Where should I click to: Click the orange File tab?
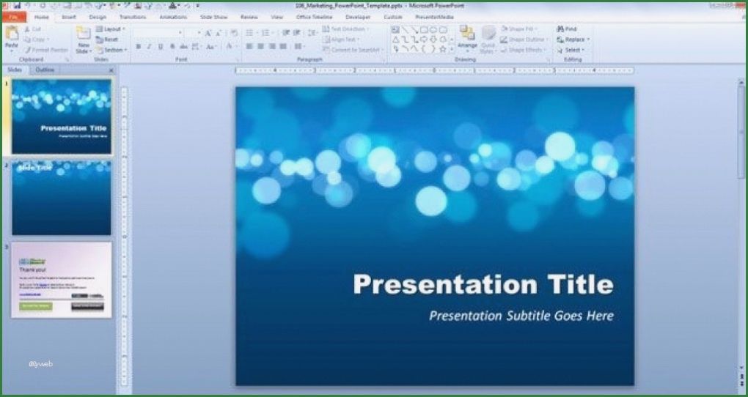[14, 16]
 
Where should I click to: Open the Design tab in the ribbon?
[98, 16]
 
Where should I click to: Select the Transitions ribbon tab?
[132, 16]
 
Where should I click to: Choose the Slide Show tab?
[215, 16]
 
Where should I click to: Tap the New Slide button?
[84, 40]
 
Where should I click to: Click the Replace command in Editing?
[571, 40]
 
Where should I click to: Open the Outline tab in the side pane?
[45, 70]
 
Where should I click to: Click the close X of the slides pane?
[111, 70]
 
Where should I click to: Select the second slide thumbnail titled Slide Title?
[62, 198]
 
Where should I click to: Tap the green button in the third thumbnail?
[35, 305]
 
